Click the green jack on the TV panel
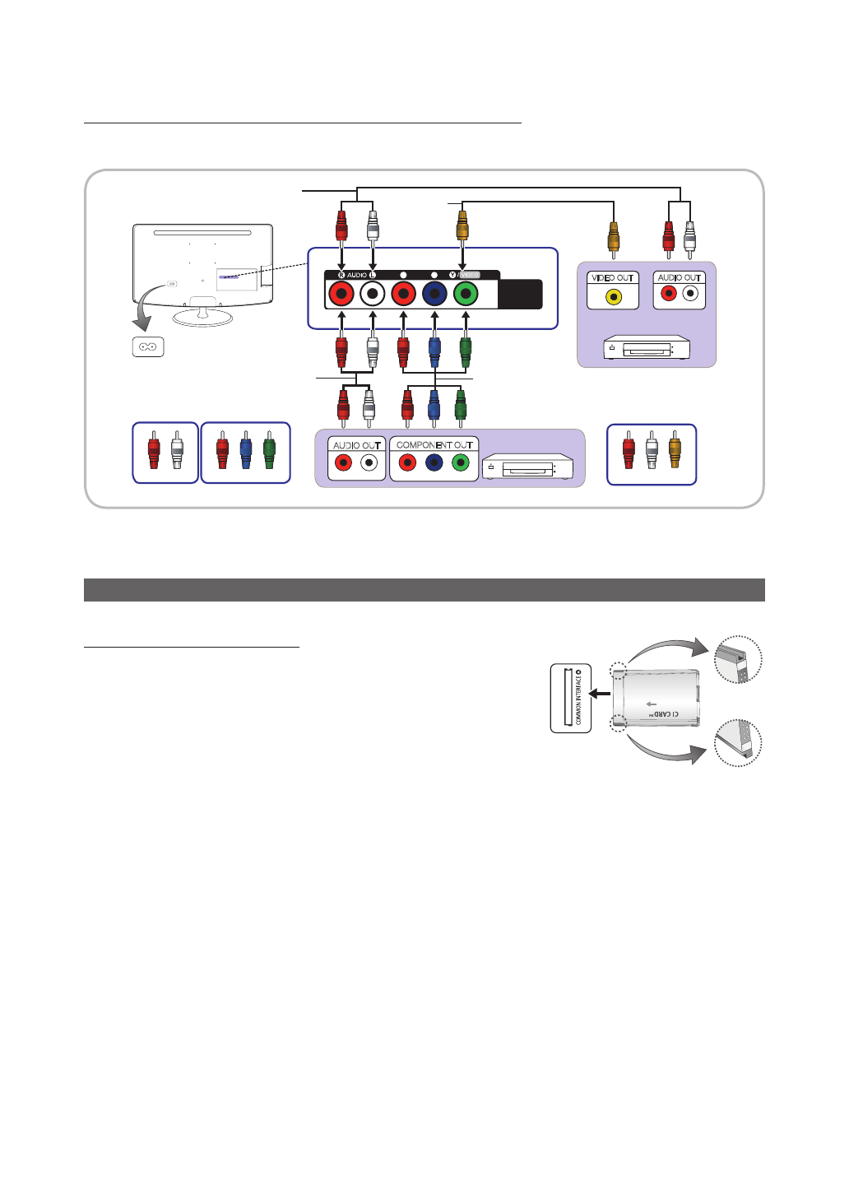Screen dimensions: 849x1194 tap(466, 294)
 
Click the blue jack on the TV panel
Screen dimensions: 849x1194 tap(434, 294)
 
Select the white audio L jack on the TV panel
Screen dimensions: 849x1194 tap(373, 294)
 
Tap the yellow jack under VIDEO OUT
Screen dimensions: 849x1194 tap(613, 295)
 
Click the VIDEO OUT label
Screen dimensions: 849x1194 tap(613, 278)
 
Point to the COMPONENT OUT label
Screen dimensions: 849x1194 tap(434, 445)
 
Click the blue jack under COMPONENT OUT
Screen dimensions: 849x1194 tap(434, 463)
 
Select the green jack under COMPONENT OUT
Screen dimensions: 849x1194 tap(461, 463)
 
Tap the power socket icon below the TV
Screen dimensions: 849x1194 tap(148, 346)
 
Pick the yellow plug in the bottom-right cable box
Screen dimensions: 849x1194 tap(675, 451)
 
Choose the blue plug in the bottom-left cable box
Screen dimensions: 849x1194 tap(246, 452)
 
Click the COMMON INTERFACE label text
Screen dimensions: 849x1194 tap(579, 699)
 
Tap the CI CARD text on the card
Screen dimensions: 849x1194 tap(665, 714)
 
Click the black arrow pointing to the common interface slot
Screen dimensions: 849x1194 tap(600, 694)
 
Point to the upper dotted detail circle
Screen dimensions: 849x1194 tap(738, 660)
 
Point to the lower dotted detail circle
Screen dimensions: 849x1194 tap(737, 742)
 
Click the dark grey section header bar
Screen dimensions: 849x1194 tap(424, 590)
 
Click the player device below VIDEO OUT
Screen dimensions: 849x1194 tap(647, 348)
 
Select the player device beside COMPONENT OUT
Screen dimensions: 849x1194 tap(527, 467)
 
